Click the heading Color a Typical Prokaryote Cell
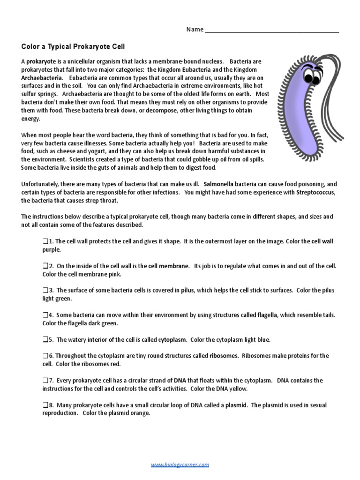(73, 46)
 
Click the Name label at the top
(195, 30)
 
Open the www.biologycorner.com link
(180, 451)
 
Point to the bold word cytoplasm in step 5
(172, 339)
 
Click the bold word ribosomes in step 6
(224, 356)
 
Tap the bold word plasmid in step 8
(236, 405)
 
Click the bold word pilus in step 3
(187, 290)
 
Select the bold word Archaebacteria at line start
(41, 78)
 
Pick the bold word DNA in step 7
(180, 381)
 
